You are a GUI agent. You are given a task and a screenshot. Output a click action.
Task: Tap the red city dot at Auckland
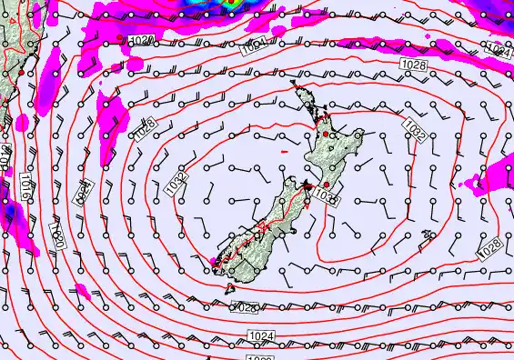coord(326,135)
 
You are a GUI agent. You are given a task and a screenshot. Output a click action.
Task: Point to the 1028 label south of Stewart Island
coord(245,307)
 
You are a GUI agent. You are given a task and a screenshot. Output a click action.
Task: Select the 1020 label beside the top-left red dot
coord(141,41)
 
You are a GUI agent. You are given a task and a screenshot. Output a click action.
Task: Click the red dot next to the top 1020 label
coord(119,36)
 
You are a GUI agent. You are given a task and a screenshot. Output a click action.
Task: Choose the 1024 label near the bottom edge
coord(260,336)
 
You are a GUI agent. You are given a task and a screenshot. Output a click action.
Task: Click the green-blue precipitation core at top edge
coord(230,3)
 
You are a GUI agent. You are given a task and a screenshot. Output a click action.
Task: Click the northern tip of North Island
coord(296,91)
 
